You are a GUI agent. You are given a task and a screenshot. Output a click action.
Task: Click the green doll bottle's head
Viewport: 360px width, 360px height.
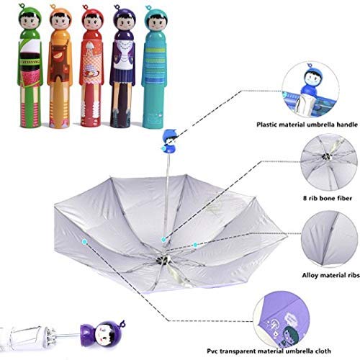point(30,19)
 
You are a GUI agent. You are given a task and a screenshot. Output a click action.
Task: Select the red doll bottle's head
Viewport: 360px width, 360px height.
point(92,19)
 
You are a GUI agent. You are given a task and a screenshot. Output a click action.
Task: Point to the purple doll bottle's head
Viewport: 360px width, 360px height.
point(125,19)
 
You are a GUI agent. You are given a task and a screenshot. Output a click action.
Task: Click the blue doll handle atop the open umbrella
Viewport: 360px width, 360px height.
point(170,142)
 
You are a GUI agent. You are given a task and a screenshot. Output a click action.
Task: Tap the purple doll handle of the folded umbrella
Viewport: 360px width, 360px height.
point(102,334)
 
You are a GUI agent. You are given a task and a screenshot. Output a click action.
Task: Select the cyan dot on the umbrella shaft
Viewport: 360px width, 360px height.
point(163,239)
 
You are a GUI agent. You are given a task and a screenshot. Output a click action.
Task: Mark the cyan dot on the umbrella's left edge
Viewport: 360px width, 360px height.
point(84,241)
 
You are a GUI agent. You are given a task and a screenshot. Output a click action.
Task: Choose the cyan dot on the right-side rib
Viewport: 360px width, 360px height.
point(195,245)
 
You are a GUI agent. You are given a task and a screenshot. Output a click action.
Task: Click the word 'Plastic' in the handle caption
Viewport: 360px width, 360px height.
point(268,125)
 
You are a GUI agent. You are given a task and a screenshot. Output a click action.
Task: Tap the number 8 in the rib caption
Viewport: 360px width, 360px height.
point(305,198)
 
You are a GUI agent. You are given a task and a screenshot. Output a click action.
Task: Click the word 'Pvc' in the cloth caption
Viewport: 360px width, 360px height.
point(212,351)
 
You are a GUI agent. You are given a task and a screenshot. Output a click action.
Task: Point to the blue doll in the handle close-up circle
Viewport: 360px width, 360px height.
point(311,79)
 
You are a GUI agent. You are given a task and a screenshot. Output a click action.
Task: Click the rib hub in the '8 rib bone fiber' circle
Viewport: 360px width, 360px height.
point(326,156)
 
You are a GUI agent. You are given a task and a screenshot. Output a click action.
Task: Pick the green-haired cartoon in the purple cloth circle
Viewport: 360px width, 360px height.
point(289,333)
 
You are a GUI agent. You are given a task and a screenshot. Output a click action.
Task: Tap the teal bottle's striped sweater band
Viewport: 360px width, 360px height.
point(156,61)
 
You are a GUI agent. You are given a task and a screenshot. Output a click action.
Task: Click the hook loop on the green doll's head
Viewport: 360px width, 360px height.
point(22,5)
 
